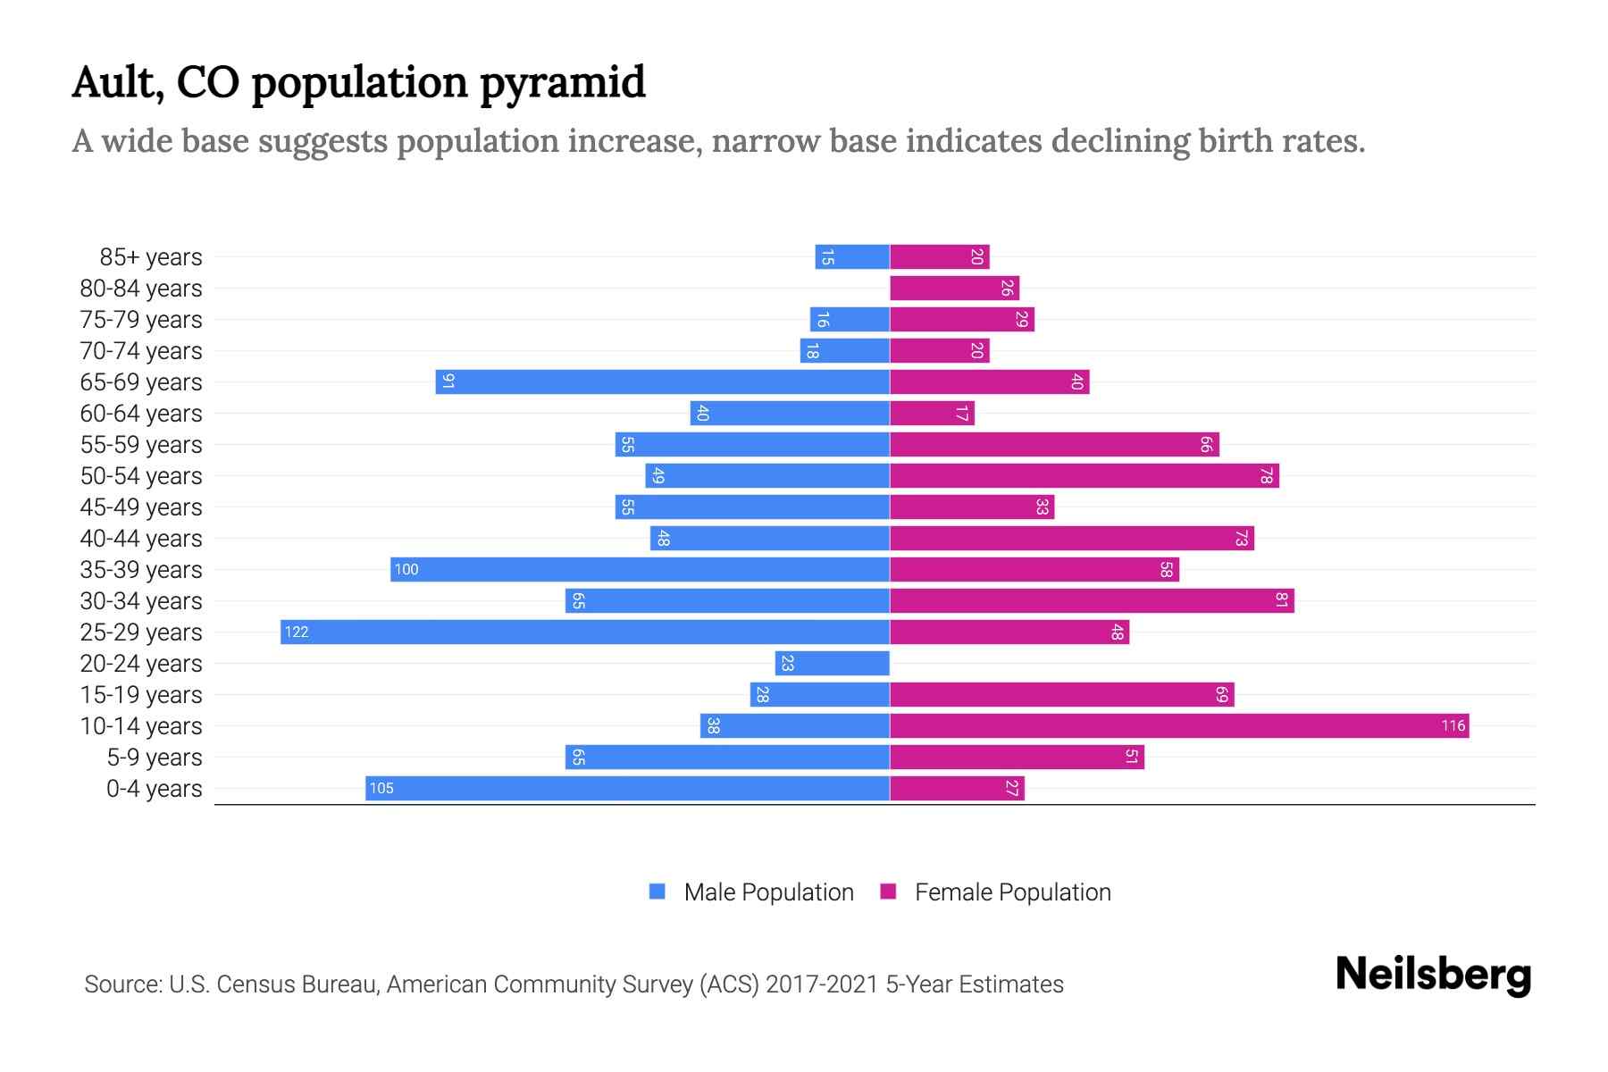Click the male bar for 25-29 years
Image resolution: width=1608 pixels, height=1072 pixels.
pos(585,632)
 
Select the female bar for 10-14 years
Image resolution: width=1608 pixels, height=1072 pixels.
pos(1179,726)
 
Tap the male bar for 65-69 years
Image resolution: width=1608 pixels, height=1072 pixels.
pos(663,382)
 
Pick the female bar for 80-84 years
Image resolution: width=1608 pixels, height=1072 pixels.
pos(954,289)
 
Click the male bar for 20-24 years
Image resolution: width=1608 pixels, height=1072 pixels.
pos(833,664)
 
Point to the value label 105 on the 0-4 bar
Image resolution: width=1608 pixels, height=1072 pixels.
pos(381,789)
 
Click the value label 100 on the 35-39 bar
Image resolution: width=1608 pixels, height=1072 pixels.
pos(406,570)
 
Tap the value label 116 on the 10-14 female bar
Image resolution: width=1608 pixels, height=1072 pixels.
pos(1453,726)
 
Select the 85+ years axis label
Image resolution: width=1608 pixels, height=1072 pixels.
pos(151,257)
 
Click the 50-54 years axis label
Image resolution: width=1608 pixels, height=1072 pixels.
pos(141,476)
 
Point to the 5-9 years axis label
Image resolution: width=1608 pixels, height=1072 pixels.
pos(155,758)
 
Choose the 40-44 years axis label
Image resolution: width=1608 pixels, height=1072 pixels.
pos(141,539)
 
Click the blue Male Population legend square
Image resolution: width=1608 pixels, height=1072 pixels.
pos(657,892)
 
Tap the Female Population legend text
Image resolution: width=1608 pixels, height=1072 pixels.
pos(1012,892)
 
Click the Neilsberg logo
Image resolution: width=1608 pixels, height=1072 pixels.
pos(1433,975)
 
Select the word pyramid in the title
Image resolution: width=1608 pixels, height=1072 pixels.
pos(563,84)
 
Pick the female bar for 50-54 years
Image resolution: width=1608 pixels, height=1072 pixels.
pos(1085,476)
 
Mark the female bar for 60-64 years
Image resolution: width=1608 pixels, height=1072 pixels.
pos(932,414)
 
